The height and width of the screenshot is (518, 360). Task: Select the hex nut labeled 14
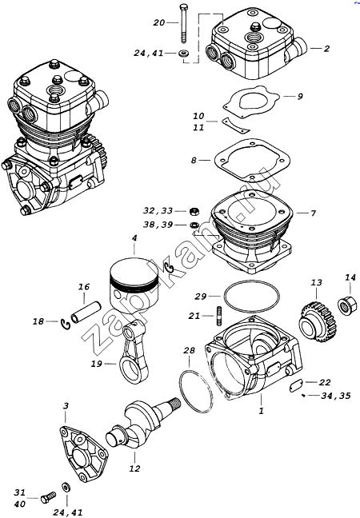pos(347,305)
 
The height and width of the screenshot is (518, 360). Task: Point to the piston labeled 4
pos(134,285)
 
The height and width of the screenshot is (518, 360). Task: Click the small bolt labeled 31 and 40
pos(48,497)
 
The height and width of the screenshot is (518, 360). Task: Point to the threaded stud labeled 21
pos(218,316)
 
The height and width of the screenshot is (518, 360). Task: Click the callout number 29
pos(200,297)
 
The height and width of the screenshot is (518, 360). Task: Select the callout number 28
pos(189,350)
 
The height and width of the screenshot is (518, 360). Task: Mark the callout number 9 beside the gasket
pos(300,96)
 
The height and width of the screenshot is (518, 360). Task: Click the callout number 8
pos(194,160)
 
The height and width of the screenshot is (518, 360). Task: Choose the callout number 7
pos(313,213)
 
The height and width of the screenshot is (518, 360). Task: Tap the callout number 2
pos(326,49)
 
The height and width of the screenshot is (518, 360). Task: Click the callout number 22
pos(325,382)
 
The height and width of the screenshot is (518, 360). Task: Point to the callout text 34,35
pos(336,396)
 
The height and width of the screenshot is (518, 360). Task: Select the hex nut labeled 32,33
pos(194,211)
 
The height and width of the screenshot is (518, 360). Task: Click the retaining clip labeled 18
pos(66,323)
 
